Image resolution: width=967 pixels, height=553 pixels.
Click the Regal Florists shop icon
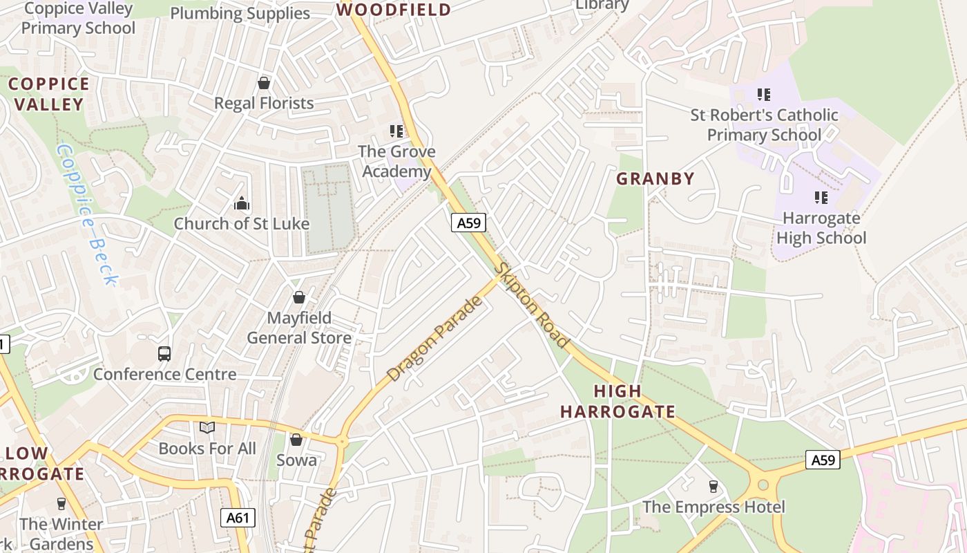(263, 84)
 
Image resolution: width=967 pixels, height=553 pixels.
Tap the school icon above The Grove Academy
(396, 131)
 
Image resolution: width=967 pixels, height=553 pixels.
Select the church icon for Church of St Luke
(241, 203)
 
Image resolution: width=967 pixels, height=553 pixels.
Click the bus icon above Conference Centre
(164, 354)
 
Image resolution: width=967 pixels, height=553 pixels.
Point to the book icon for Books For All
(207, 428)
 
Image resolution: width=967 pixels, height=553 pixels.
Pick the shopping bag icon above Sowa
(296, 440)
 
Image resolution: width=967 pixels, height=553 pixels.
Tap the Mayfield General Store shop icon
(299, 297)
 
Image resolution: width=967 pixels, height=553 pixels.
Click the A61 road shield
(238, 518)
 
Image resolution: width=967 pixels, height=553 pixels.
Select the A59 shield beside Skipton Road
(469, 223)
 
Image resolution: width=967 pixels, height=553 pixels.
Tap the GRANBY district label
(655, 179)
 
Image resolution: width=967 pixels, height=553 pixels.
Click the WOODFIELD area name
(393, 10)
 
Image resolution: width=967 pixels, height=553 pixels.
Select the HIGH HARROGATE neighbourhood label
(617, 402)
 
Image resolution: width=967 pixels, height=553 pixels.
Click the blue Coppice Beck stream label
(87, 214)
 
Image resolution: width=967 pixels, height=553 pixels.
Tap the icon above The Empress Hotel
(714, 487)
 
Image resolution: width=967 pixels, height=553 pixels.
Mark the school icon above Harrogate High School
(821, 198)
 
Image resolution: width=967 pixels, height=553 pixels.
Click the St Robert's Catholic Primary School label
(764, 124)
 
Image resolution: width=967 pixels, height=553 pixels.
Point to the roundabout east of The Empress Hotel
(763, 485)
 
